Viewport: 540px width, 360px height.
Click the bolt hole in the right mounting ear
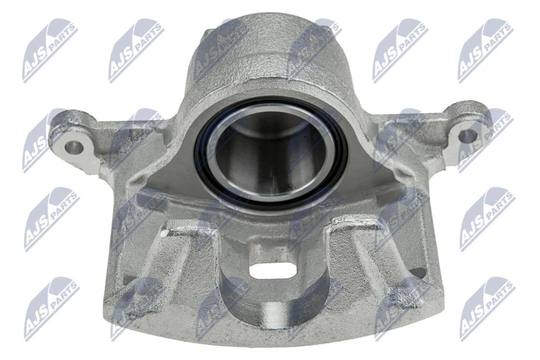click(467, 135)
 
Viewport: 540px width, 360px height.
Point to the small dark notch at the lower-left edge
click(128, 278)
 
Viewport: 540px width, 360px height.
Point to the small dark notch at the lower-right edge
click(417, 273)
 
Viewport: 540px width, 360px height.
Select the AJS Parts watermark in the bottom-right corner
click(487, 308)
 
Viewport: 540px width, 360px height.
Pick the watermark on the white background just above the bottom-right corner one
click(487, 219)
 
